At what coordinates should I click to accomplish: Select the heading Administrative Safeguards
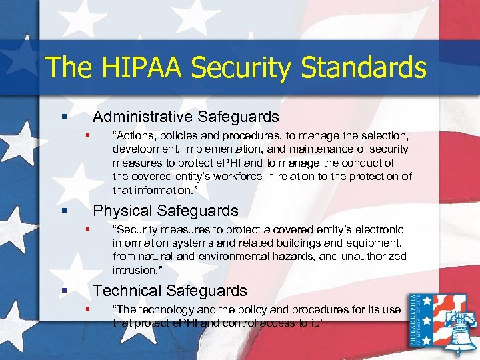point(186,117)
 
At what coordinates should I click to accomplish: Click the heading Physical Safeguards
point(165,211)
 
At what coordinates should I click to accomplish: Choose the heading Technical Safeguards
point(170,291)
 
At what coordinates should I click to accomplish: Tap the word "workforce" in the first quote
point(252,177)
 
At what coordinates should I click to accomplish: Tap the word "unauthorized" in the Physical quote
point(371,257)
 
